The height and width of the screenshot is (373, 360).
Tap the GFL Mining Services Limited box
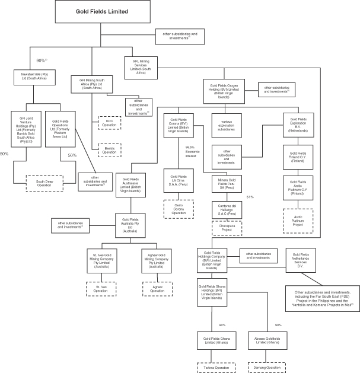pyautogui.click(x=142, y=64)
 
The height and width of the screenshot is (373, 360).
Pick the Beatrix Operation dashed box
pyautogui.click(x=109, y=149)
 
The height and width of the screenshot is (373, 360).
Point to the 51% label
pyautogui.click(x=250, y=196)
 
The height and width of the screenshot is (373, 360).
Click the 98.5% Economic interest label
pyautogui.click(x=190, y=151)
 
